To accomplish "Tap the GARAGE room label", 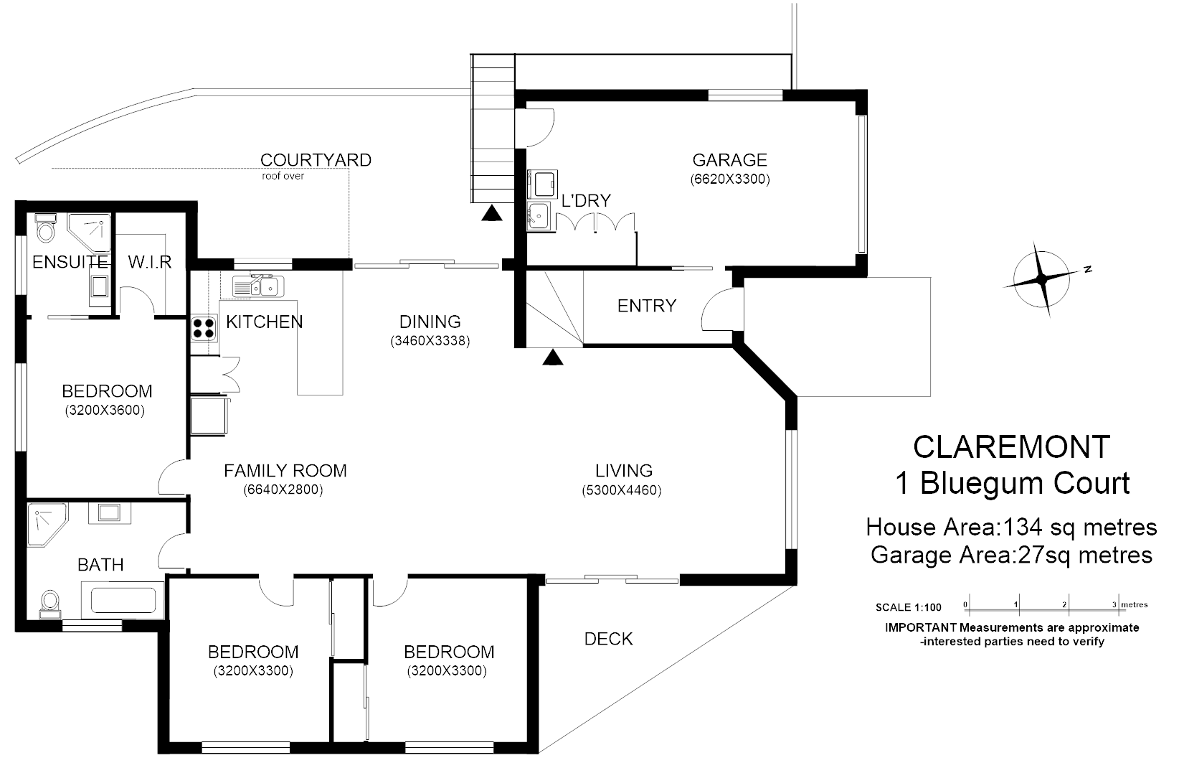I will (x=729, y=160).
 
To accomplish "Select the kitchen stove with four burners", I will (x=204, y=327).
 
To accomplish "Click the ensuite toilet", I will (x=44, y=228).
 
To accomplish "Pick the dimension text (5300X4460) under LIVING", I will (x=621, y=491).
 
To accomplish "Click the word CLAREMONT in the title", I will (x=1011, y=447).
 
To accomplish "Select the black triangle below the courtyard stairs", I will (x=491, y=213).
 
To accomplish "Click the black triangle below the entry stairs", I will (x=551, y=357).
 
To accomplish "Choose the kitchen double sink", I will (x=258, y=287).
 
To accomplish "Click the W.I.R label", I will (x=150, y=262).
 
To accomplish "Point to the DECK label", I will (x=608, y=639).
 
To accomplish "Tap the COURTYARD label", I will (x=316, y=160).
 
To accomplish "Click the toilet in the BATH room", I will (x=50, y=603).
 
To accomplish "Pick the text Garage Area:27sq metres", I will (x=1010, y=555).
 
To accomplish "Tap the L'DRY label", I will (x=586, y=201).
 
